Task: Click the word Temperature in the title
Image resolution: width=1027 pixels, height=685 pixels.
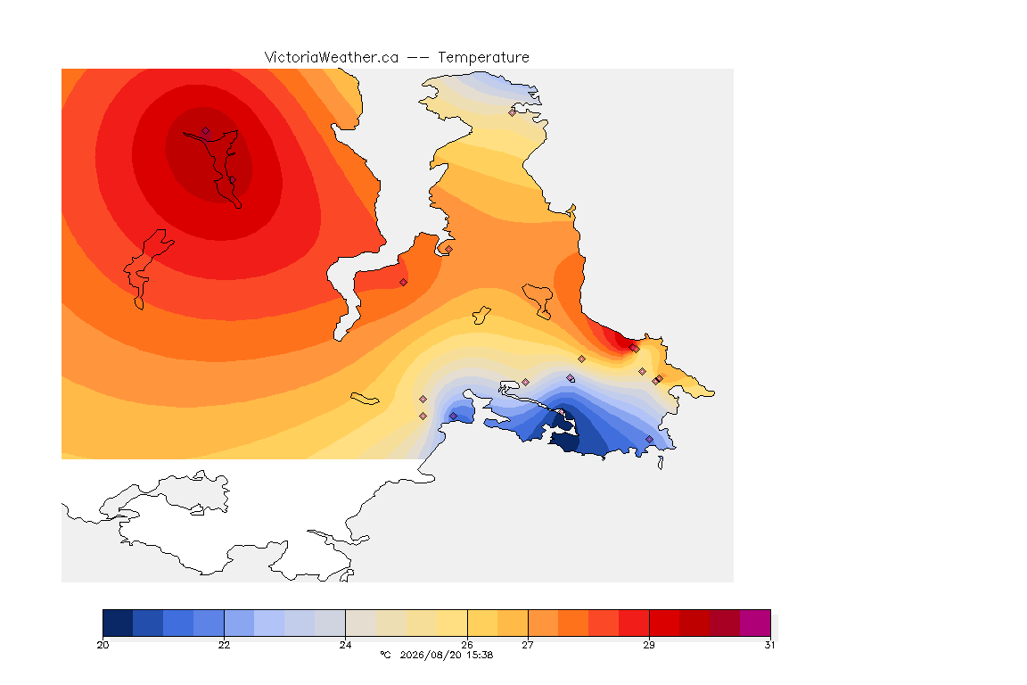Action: [483, 58]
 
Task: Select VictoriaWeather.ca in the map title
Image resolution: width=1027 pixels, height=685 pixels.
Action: [332, 58]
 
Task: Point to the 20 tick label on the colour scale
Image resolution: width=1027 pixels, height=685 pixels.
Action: [103, 645]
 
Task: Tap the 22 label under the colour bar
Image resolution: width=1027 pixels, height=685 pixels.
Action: [224, 645]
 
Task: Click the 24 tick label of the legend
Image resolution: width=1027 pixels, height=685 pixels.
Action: [345, 645]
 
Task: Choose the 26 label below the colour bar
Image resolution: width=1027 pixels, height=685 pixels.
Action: [467, 645]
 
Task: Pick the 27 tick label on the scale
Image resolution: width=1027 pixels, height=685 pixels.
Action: [527, 645]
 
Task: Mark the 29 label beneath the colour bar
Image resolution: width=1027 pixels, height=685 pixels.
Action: [648, 645]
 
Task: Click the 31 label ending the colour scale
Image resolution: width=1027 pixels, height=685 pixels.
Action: [769, 645]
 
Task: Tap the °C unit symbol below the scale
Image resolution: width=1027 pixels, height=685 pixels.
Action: [385, 655]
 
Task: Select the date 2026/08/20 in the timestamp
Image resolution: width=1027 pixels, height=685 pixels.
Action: [431, 655]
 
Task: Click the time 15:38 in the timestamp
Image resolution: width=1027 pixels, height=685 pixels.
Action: [480, 655]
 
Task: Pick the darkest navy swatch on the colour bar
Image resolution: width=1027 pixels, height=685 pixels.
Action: [118, 623]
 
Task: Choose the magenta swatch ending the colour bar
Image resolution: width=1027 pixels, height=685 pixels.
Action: [755, 623]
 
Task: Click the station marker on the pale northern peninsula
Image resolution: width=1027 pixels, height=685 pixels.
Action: [513, 112]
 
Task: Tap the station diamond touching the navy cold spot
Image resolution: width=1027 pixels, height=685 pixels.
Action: [562, 412]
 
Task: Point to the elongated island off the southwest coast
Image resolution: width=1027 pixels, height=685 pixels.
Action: [365, 398]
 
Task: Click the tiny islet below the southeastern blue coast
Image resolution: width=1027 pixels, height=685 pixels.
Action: [661, 463]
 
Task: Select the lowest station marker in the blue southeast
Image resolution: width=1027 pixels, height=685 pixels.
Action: [649, 439]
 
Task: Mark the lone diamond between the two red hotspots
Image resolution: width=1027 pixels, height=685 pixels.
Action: [404, 283]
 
